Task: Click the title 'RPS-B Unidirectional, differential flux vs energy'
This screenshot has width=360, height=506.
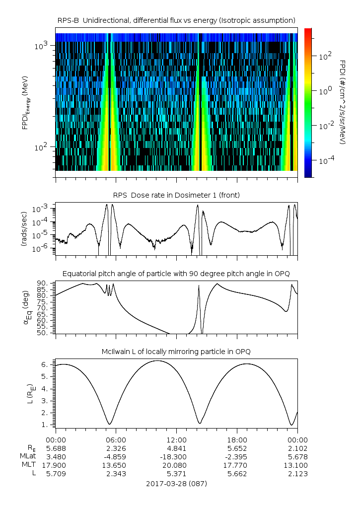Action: tap(176, 20)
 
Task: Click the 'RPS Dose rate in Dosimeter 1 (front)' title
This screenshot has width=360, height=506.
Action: tap(176, 195)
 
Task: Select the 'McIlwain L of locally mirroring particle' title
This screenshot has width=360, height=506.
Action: tap(176, 352)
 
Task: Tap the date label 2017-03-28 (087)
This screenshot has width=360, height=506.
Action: tap(176, 483)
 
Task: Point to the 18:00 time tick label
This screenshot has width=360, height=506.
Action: tap(237, 439)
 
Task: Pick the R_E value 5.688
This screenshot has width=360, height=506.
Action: tap(56, 448)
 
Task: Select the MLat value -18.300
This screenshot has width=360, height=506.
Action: tap(176, 456)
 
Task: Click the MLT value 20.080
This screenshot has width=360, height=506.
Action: tap(176, 465)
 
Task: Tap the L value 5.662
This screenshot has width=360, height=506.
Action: tap(237, 474)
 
